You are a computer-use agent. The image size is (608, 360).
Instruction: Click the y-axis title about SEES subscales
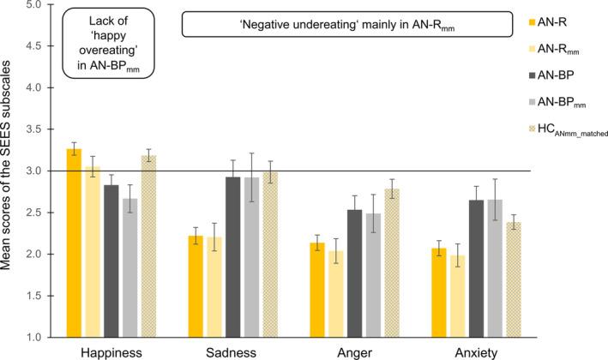(x=9, y=171)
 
